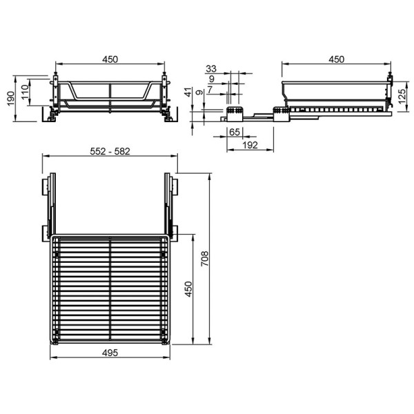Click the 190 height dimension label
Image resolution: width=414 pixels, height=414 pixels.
pyautogui.click(x=10, y=99)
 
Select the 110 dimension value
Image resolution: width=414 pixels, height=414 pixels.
pyautogui.click(x=25, y=92)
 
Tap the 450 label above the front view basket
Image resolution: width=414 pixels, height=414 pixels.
pyautogui.click(x=110, y=59)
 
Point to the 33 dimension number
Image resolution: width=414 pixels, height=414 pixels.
pyautogui.click(x=211, y=69)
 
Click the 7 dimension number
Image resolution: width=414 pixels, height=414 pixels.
pyautogui.click(x=210, y=90)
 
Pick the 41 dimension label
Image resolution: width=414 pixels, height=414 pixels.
pyautogui.click(x=188, y=92)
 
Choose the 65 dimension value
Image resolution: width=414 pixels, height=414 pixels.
pyautogui.click(x=235, y=132)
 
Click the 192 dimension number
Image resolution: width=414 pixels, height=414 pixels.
pyautogui.click(x=250, y=145)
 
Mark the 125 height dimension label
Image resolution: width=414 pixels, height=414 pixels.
pyautogui.click(x=402, y=97)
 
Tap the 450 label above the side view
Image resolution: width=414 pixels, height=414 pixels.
pyautogui.click(x=337, y=59)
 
